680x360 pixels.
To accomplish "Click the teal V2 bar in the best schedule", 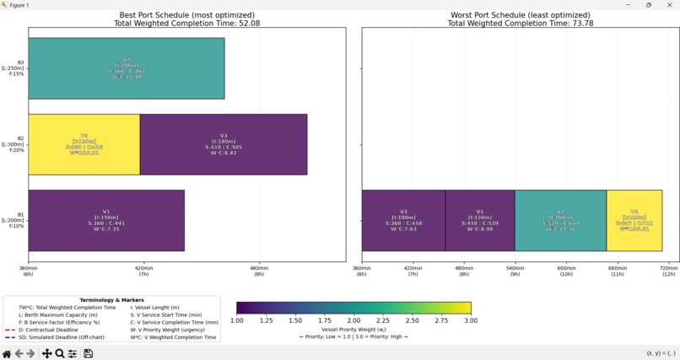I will click(x=127, y=68).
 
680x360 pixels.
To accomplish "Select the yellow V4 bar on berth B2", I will click(x=84, y=144).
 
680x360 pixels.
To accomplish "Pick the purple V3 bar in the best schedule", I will click(x=224, y=144).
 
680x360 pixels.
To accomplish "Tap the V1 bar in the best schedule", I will click(x=106, y=220).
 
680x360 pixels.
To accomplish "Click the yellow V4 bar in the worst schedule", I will click(x=634, y=220).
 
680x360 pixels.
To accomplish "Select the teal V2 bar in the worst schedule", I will click(x=560, y=220).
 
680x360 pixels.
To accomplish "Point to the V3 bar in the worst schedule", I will click(x=403, y=220).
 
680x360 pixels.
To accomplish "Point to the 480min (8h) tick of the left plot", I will click(x=259, y=271).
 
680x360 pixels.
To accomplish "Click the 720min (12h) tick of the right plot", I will click(x=668, y=271).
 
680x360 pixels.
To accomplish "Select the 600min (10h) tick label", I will click(x=566, y=271).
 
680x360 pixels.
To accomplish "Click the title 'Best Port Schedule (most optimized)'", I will click(x=186, y=15).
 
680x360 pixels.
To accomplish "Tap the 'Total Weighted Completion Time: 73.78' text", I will click(x=520, y=24).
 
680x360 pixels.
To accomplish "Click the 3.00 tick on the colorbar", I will click(x=471, y=320).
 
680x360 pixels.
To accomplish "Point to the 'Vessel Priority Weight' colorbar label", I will click(x=353, y=329).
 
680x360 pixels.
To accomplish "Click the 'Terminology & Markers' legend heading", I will click(x=111, y=300).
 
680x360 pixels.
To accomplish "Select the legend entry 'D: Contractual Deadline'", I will click(x=46, y=330).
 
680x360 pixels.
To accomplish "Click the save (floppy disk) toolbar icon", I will click(x=88, y=353).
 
